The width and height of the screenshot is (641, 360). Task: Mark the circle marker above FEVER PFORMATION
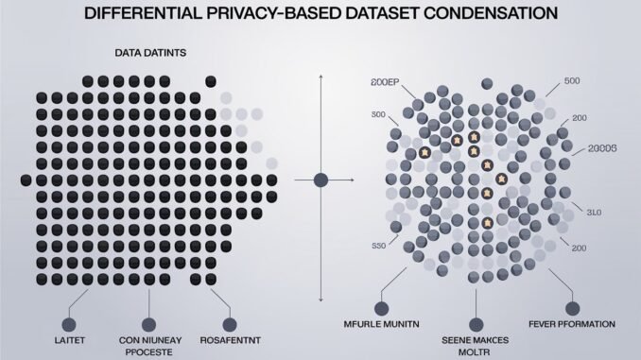[x=572, y=307]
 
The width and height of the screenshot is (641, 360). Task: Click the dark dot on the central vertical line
[x=321, y=179]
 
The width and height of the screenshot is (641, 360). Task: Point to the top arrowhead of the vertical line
[x=321, y=78]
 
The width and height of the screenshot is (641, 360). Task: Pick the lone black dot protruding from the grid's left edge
[x=25, y=179]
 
